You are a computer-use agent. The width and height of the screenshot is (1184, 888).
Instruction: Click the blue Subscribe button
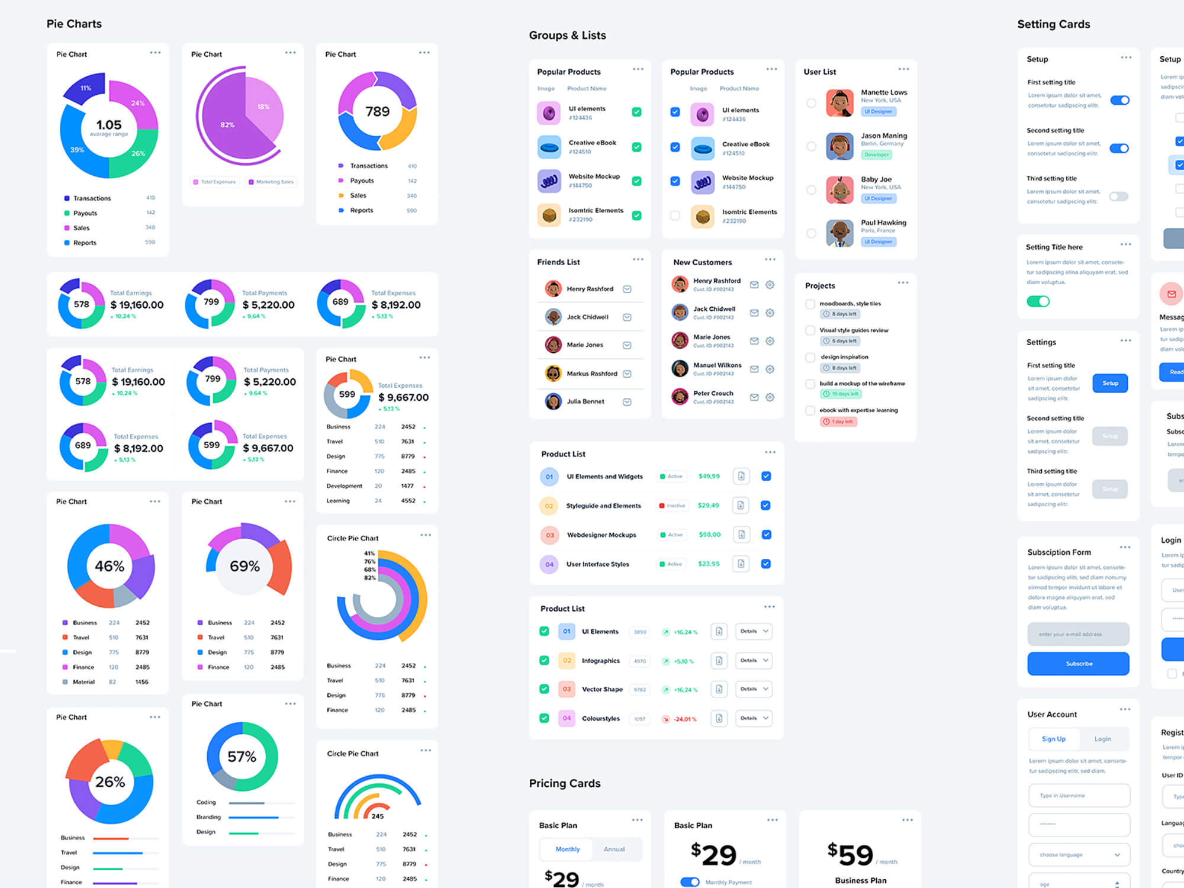[x=1078, y=664]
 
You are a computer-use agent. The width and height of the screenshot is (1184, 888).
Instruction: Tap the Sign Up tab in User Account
[x=1053, y=739]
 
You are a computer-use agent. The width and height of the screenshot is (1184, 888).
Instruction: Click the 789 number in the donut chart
[x=378, y=111]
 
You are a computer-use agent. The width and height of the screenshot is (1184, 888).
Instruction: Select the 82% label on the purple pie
[x=227, y=125]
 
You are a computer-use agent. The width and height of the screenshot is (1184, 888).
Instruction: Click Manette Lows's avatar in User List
[x=839, y=103]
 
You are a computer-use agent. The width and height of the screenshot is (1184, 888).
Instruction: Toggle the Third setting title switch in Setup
[x=1118, y=197]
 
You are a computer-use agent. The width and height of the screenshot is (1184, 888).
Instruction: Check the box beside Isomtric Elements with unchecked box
[x=675, y=215]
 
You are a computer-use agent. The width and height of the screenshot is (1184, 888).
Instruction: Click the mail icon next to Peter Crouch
[x=754, y=397]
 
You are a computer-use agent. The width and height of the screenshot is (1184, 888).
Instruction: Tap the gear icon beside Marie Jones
[x=770, y=341]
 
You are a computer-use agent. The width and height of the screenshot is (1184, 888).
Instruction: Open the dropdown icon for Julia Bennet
[x=627, y=402]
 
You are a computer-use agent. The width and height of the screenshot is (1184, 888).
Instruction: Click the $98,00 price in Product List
[x=709, y=535]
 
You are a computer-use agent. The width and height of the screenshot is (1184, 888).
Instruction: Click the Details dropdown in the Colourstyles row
[x=754, y=718]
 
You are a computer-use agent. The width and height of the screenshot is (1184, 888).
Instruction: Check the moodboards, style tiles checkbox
[x=810, y=304]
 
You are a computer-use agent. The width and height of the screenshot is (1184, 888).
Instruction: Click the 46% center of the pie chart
[x=110, y=566]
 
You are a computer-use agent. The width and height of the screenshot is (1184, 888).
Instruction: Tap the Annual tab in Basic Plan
[x=614, y=849]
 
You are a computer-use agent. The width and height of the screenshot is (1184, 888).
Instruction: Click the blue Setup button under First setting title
[x=1110, y=383]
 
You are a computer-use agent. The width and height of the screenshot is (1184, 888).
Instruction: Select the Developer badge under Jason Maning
[x=876, y=155]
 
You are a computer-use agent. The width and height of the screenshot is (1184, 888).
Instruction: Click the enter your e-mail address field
[x=1078, y=634]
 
